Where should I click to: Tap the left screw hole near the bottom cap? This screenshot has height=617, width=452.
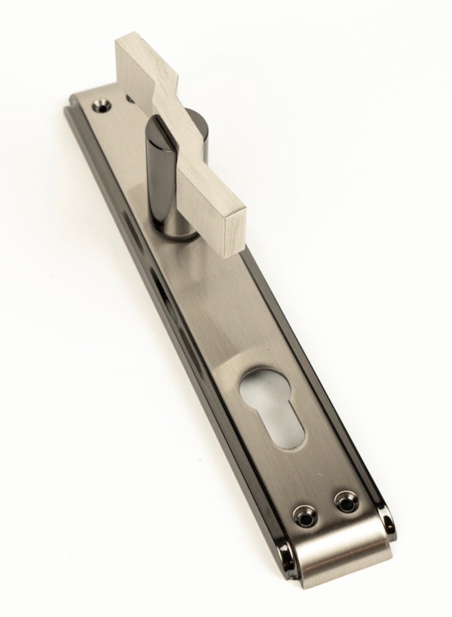(x=304, y=512)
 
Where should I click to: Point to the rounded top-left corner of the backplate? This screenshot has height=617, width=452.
(x=72, y=105)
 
